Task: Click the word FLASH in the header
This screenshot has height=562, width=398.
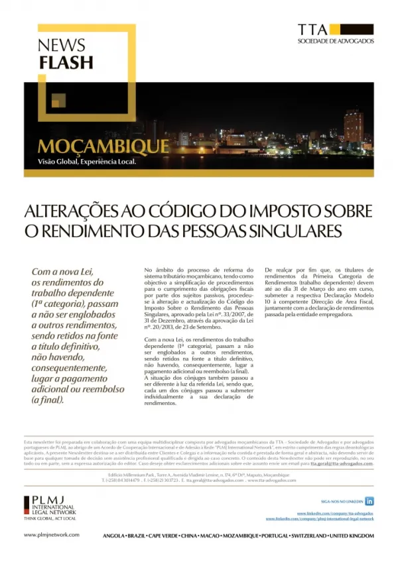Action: pos(65,63)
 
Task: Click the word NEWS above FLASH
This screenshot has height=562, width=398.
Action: pos(62,46)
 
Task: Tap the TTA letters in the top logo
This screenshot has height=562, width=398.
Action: pos(312,29)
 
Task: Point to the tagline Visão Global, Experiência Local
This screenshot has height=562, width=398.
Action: pos(86,161)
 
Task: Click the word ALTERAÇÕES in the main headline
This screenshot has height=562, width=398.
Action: pos(77,211)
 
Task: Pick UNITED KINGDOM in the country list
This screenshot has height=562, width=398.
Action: pos(351,535)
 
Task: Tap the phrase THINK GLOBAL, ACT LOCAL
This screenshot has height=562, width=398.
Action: pos(49,518)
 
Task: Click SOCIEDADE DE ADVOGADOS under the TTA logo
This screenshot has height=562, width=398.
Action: pos(336,41)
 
